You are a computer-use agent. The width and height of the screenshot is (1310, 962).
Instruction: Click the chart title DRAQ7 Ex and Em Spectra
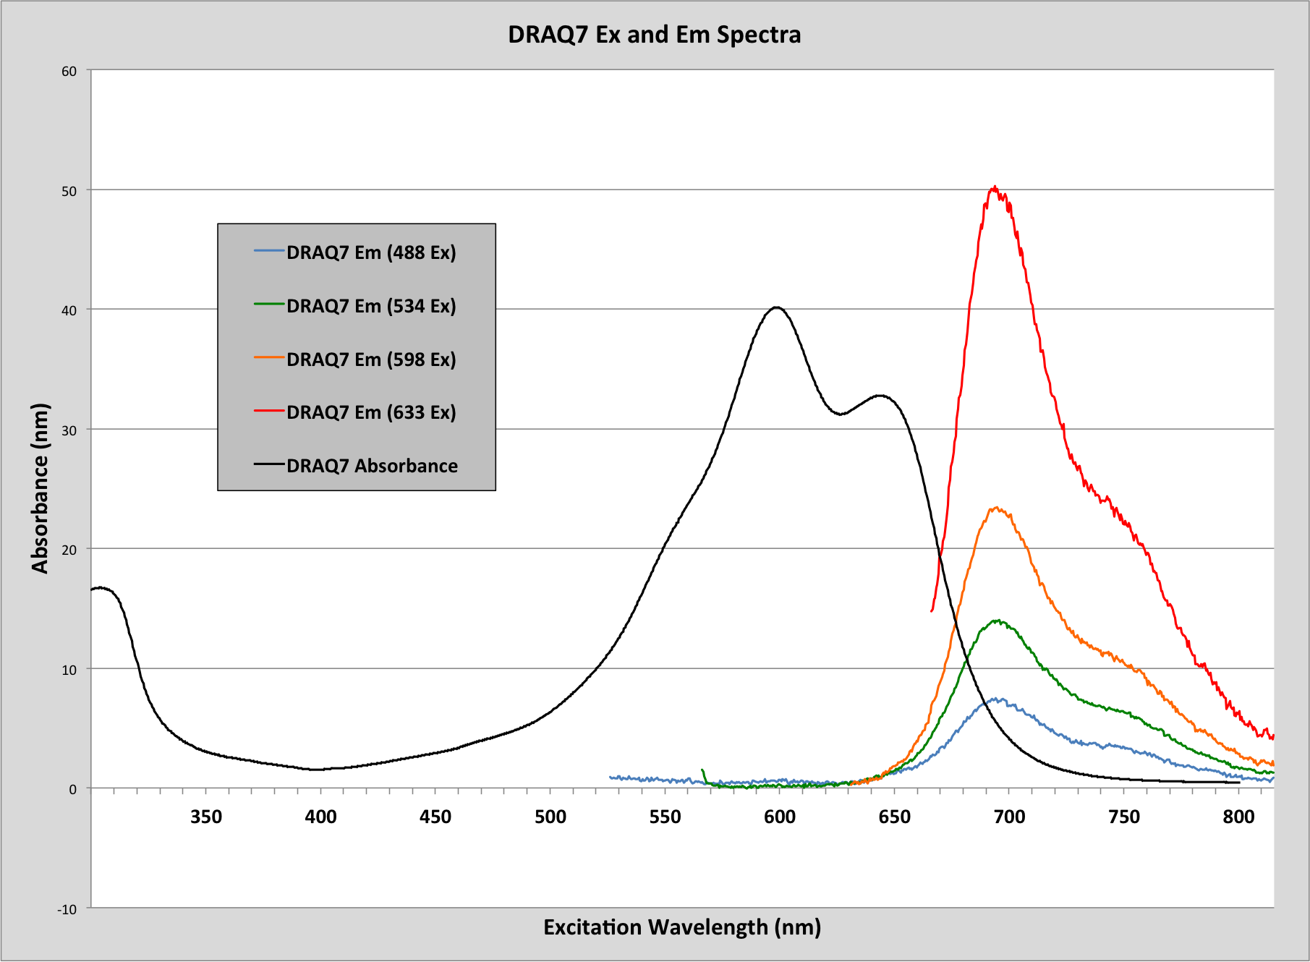654,35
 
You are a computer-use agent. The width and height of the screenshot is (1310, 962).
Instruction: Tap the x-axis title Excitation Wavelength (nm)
682,927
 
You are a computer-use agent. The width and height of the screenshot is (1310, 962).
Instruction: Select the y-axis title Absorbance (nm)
40,488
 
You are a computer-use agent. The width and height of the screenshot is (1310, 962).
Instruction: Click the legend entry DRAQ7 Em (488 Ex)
371,252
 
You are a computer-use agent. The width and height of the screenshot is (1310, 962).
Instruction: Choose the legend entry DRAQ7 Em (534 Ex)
371,306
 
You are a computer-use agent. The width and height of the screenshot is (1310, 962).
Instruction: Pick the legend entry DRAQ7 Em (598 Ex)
371,359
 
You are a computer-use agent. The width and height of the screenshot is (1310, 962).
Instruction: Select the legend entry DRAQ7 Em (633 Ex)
371,412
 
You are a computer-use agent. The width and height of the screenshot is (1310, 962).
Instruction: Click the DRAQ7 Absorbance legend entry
372,466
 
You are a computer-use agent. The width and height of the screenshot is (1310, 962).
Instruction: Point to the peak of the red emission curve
995,187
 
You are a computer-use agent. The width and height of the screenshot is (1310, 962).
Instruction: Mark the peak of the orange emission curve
998,508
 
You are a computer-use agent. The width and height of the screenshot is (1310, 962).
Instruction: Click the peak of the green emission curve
998,621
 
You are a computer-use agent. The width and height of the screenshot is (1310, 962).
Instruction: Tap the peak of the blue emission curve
998,699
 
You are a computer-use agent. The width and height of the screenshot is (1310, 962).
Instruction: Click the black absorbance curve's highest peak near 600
776,307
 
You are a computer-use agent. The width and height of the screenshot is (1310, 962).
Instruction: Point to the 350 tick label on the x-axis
206,817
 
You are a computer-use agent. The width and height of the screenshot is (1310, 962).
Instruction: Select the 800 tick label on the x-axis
1238,817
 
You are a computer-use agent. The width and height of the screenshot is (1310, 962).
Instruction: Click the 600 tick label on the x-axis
780,817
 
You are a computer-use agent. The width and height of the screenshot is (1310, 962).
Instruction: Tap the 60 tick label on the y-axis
69,71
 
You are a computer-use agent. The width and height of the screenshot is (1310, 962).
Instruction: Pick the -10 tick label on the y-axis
67,909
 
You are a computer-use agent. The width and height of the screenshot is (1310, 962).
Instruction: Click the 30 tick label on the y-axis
69,430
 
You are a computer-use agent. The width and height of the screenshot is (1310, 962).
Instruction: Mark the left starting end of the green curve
702,770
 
